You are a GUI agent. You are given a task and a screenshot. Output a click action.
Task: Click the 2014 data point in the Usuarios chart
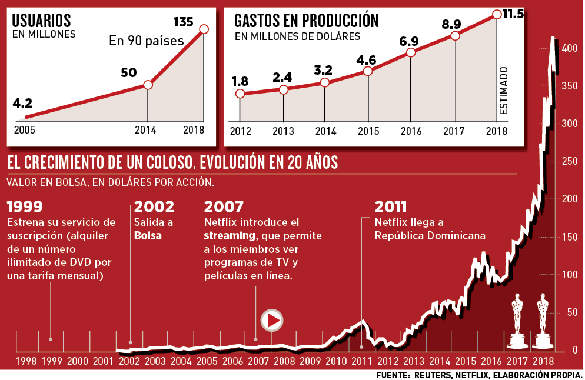point(148,85)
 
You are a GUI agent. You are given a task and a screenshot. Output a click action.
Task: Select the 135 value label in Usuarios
point(184,23)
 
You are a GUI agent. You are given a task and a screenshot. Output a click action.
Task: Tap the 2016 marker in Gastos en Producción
point(411,52)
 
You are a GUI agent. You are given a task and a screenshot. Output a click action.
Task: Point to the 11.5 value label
point(513,14)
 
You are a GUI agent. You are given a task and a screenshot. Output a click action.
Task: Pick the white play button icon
point(272,321)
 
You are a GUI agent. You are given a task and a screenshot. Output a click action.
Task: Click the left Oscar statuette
point(517,321)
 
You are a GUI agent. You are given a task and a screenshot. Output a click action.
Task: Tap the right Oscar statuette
point(542,321)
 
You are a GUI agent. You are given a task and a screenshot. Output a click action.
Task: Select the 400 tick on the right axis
point(570,49)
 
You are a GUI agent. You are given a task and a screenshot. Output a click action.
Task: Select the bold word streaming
point(230,236)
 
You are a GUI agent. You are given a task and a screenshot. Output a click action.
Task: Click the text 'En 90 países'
point(147,42)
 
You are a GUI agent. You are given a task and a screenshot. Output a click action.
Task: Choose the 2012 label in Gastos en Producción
point(240,131)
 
